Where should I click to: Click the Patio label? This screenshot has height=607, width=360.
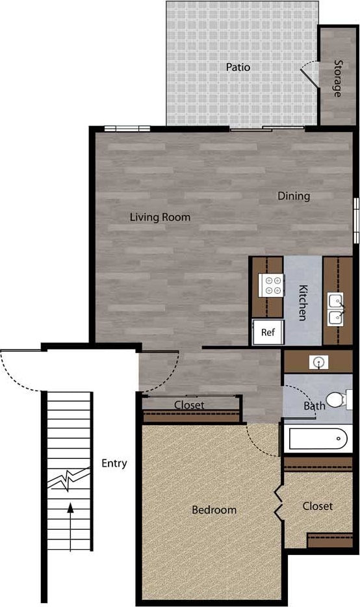coord(238,67)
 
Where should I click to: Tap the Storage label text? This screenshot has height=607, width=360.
coord(338,78)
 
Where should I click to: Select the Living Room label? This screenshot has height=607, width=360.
coord(160,217)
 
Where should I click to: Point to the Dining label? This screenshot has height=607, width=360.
coord(294,196)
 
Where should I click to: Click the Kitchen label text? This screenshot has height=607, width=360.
coord(302,302)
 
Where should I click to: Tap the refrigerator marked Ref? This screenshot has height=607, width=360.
coord(267,332)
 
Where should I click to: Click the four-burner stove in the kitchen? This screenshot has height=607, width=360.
coord(272,285)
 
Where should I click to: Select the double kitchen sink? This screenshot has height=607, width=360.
coord(336,310)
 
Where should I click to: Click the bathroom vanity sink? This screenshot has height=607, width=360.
coord(319,362)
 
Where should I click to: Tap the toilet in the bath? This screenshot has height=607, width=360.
coord(338,399)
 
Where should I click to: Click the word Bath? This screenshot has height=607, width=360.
coord(315,406)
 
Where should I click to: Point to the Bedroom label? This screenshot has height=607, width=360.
coord(214,510)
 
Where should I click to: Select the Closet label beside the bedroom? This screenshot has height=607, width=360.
coord(317,506)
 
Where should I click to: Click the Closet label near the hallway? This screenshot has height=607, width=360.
coord(189,405)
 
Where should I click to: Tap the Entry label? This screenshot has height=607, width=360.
coord(114,463)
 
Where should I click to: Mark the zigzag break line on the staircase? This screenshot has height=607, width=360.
coord(68,480)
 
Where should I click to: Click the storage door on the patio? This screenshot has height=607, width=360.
coord(308,77)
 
